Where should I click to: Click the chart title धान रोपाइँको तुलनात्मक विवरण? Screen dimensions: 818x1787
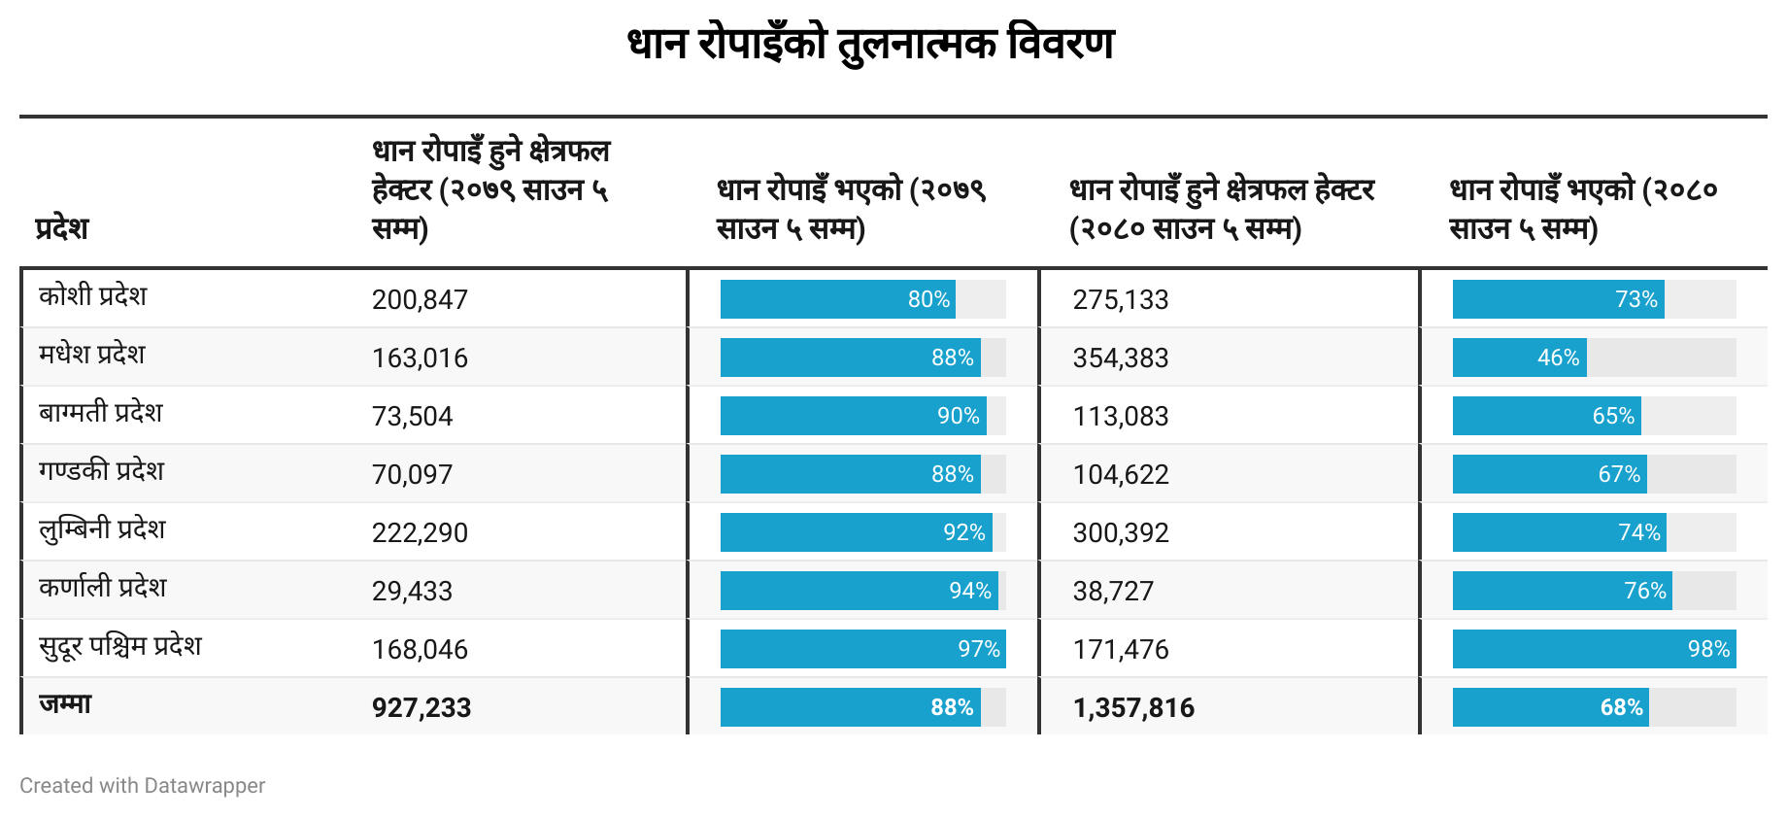(x=871, y=45)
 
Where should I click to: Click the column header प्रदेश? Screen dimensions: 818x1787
(x=62, y=228)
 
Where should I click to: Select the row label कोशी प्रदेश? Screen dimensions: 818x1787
(x=93, y=296)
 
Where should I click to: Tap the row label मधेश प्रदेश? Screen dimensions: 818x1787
(x=92, y=355)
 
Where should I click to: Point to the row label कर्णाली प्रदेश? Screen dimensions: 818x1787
(x=103, y=588)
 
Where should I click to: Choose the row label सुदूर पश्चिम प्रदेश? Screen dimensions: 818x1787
(x=120, y=646)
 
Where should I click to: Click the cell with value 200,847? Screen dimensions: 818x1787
(x=420, y=299)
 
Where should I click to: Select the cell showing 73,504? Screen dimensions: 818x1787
(x=412, y=416)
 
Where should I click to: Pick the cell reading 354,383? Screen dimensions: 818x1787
(x=1121, y=358)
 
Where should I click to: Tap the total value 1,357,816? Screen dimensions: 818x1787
(x=1133, y=707)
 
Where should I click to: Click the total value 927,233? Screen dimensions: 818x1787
(x=421, y=707)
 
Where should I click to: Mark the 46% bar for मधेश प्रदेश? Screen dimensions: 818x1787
(x=1520, y=358)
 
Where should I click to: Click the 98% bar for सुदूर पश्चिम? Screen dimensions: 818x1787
(x=1594, y=649)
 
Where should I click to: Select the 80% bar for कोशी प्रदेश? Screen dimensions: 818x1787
(x=837, y=299)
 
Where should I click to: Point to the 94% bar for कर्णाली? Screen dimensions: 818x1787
(x=859, y=591)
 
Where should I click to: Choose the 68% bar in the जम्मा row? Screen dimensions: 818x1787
(x=1551, y=707)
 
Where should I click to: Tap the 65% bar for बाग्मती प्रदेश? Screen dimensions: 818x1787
(x=1547, y=416)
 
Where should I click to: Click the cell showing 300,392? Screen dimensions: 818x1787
(x=1121, y=532)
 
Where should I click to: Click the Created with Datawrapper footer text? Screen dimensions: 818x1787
(x=143, y=785)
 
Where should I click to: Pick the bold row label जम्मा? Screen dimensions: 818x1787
(x=65, y=704)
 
